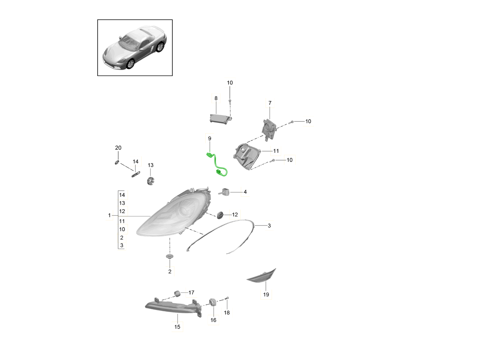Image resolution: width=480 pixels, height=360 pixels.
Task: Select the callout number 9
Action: tap(210, 138)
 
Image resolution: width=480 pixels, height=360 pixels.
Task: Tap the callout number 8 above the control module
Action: tap(216, 98)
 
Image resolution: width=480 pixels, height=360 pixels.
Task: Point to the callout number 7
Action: tap(270, 103)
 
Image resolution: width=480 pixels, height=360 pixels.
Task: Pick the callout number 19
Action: tap(266, 294)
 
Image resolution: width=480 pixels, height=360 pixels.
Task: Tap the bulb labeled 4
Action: tap(224, 192)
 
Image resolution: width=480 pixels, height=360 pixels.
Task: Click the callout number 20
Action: tap(118, 148)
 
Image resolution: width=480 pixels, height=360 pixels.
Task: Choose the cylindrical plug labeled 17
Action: tap(177, 294)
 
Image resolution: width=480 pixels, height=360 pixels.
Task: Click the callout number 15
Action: tap(177, 327)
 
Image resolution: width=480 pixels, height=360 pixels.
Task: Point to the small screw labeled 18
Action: tap(226, 298)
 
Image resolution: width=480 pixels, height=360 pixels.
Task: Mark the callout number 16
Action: tap(213, 320)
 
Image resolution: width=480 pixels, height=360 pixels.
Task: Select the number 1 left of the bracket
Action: tap(109, 215)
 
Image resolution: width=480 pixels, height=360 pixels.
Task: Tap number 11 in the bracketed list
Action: tap(122, 221)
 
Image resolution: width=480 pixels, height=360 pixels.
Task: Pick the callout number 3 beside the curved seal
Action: tap(269, 226)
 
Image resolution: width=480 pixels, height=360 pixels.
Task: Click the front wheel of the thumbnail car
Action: tap(130, 64)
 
